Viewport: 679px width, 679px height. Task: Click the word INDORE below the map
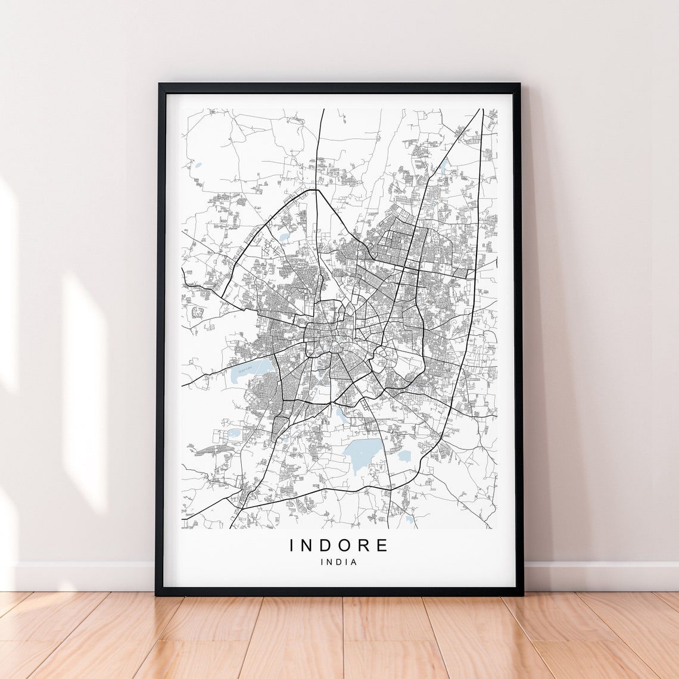339,545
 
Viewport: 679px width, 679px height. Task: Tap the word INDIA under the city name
339,562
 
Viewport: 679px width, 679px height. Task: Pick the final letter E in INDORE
382,545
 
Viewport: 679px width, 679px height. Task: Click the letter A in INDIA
354,562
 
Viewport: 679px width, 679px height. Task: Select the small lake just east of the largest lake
405,456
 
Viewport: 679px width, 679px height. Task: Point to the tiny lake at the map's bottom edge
409,519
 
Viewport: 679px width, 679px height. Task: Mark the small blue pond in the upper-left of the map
198,166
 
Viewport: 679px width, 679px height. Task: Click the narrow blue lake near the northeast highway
444,165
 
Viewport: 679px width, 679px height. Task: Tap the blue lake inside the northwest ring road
284,238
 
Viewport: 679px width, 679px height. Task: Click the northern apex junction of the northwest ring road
314,190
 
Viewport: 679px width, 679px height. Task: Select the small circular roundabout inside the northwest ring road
268,244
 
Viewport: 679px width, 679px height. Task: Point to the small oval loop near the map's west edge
197,311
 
